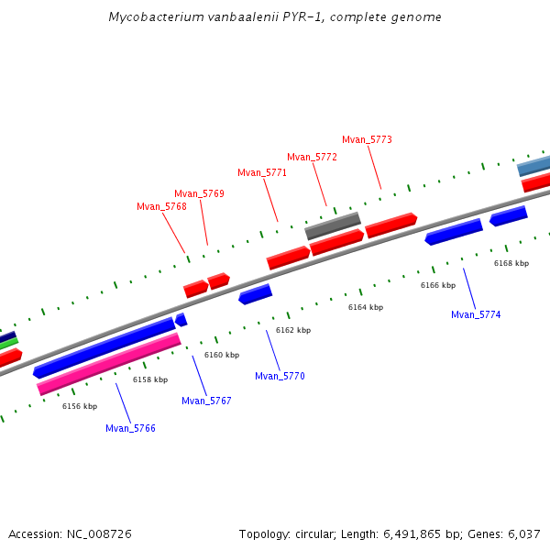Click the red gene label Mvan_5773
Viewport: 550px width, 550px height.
click(367, 139)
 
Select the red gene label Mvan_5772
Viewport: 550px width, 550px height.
click(312, 157)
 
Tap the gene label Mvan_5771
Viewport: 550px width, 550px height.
click(262, 172)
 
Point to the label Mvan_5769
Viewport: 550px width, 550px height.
click(199, 193)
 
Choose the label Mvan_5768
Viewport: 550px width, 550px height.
click(161, 206)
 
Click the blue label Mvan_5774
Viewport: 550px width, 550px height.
click(476, 314)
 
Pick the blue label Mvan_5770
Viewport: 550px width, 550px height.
click(280, 376)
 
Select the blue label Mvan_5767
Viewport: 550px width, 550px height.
click(206, 401)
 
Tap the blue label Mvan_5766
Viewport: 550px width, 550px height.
click(130, 428)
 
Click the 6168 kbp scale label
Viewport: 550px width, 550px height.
click(511, 263)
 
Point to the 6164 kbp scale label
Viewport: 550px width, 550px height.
click(365, 307)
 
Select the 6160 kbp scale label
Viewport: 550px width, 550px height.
click(221, 355)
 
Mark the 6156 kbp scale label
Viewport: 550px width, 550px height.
click(79, 406)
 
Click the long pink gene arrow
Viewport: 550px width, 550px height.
click(109, 364)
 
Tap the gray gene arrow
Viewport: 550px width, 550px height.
click(333, 225)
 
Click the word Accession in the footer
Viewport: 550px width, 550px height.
click(34, 533)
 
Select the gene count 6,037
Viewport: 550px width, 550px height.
click(523, 533)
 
